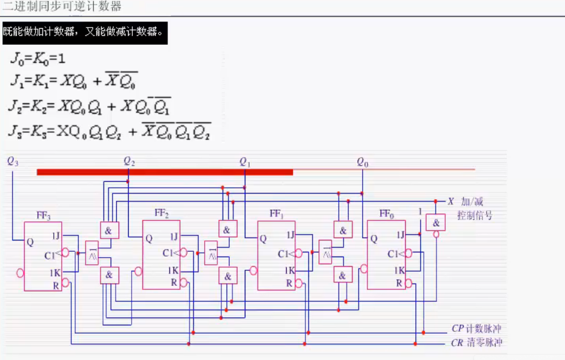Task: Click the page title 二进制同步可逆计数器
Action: pos(61,7)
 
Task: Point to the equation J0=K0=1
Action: pos(37,59)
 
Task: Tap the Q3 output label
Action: pos(13,161)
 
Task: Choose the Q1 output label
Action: pos(245,161)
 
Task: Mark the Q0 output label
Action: pos(363,161)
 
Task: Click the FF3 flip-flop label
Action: pos(44,215)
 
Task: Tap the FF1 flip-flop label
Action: pos(277,213)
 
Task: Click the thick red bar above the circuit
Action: pos(165,172)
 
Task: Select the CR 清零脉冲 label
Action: pos(476,343)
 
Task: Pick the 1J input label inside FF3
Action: pos(55,235)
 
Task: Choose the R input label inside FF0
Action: pos(399,283)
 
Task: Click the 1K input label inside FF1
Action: pos(289,270)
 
